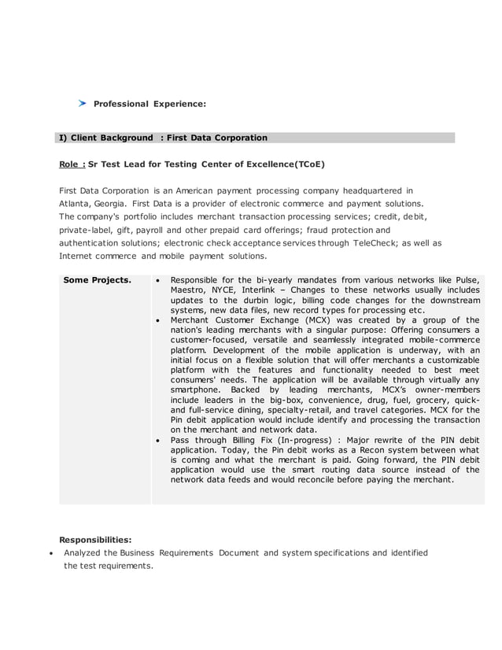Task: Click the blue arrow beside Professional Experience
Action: click(x=82, y=103)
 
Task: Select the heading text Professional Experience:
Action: click(x=149, y=104)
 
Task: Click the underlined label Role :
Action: click(x=72, y=164)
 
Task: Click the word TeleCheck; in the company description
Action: click(x=378, y=242)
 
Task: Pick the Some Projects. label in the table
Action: click(x=97, y=280)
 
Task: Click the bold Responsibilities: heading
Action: click(x=95, y=540)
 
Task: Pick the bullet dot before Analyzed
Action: click(x=51, y=553)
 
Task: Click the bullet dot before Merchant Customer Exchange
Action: click(x=160, y=320)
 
